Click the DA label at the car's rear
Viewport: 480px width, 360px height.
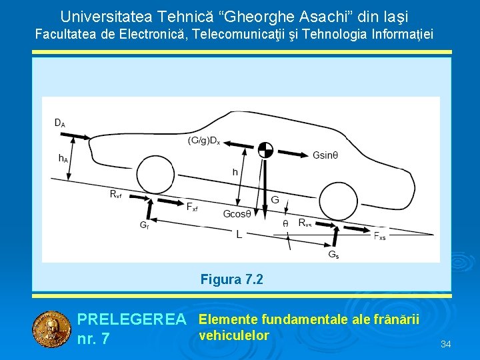(x=59, y=123)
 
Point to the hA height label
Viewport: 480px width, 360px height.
(x=63, y=159)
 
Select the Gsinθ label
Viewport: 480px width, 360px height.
(x=325, y=155)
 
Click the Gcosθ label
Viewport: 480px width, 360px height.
(x=237, y=214)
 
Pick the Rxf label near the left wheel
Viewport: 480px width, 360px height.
(x=116, y=194)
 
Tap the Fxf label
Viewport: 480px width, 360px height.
(x=192, y=208)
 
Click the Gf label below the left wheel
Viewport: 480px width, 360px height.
(x=144, y=225)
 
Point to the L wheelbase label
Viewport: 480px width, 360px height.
(x=239, y=234)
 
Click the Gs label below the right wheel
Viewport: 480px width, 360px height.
(x=333, y=254)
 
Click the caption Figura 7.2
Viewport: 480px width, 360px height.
(x=231, y=279)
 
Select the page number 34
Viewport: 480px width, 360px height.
(x=446, y=344)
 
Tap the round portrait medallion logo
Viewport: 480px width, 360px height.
(x=49, y=329)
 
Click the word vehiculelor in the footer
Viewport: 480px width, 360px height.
(x=233, y=335)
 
